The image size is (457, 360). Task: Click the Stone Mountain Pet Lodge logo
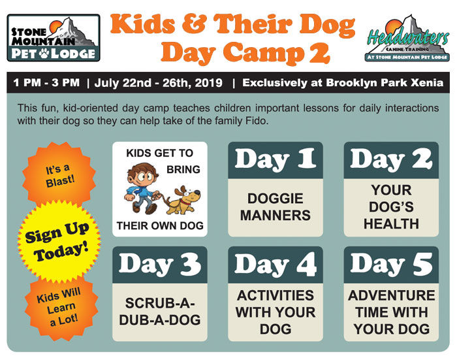pyautogui.click(x=54, y=38)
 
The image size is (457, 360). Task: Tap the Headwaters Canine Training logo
pyautogui.click(x=407, y=38)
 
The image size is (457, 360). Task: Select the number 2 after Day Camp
pyautogui.click(x=319, y=53)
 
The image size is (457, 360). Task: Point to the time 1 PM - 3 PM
pyautogui.click(x=46, y=82)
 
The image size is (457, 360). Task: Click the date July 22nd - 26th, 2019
pyautogui.click(x=158, y=83)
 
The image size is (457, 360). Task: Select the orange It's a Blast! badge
pyautogui.click(x=59, y=174)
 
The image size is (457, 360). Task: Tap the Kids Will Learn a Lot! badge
pyautogui.click(x=61, y=307)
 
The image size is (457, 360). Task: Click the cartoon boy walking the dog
pyautogui.click(x=142, y=188)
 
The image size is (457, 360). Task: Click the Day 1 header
pyautogui.click(x=276, y=160)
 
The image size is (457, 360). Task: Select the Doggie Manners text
pyautogui.click(x=276, y=207)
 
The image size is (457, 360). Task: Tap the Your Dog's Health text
pyautogui.click(x=391, y=207)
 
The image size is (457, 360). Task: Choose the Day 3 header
pyautogui.click(x=160, y=265)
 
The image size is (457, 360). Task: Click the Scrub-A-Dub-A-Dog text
pyautogui.click(x=160, y=312)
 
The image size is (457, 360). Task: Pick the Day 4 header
pyautogui.click(x=276, y=265)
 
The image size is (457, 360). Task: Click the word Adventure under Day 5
pyautogui.click(x=392, y=295)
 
